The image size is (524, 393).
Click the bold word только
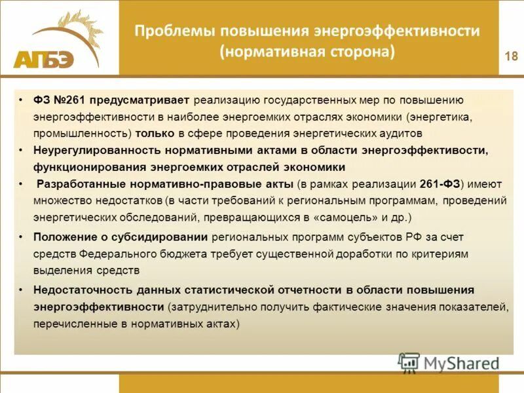tap(154, 133)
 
